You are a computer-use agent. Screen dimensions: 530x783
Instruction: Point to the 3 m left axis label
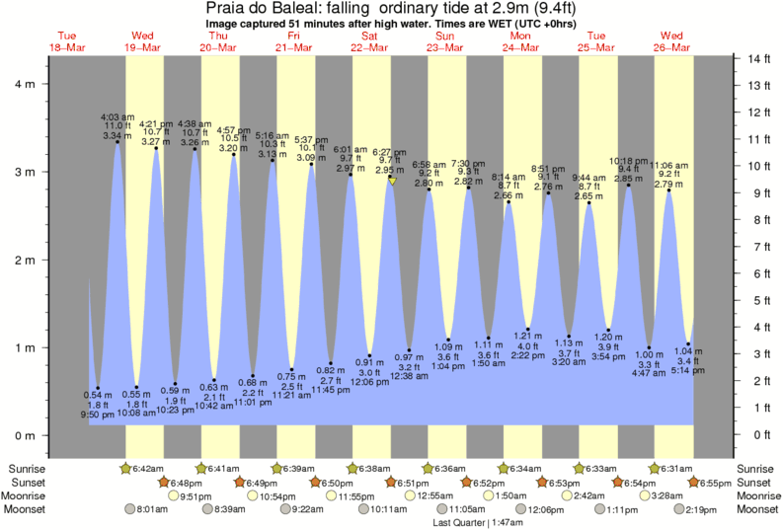point(22,172)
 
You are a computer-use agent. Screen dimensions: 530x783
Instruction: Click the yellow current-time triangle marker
point(392,182)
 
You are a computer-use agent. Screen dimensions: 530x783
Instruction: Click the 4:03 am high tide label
point(117,117)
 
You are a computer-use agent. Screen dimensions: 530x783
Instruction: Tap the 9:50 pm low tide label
point(97,416)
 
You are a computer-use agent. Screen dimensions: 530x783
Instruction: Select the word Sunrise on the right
point(758,468)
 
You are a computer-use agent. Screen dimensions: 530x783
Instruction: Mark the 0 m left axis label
point(22,435)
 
